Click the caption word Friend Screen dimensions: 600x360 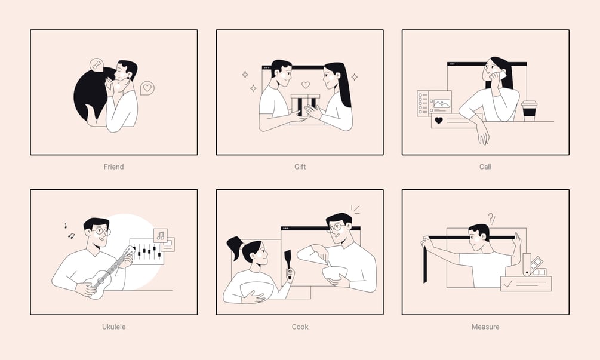coord(113,167)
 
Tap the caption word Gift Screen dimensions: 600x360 coord(300,167)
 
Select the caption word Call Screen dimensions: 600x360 coord(485,167)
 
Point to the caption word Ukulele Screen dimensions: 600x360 coord(113,327)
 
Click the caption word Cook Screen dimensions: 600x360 coord(300,327)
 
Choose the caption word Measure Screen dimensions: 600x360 coord(485,327)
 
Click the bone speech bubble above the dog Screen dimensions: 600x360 coord(97,64)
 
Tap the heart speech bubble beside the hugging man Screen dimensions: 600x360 coord(147,88)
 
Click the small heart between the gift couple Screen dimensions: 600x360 coord(305,85)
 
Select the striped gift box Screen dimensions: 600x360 coord(305,105)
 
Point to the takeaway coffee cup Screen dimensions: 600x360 coord(529,110)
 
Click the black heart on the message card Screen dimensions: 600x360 coord(439,121)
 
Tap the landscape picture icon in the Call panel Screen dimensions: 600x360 coord(442,104)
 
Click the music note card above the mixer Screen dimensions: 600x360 coord(161,235)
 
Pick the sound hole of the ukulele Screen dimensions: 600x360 coord(101,281)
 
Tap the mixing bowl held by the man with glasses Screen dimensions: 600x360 coord(334,274)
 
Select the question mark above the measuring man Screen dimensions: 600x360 coord(490,218)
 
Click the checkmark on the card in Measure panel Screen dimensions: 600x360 coord(508,284)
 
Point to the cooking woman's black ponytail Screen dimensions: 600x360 coord(235,245)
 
